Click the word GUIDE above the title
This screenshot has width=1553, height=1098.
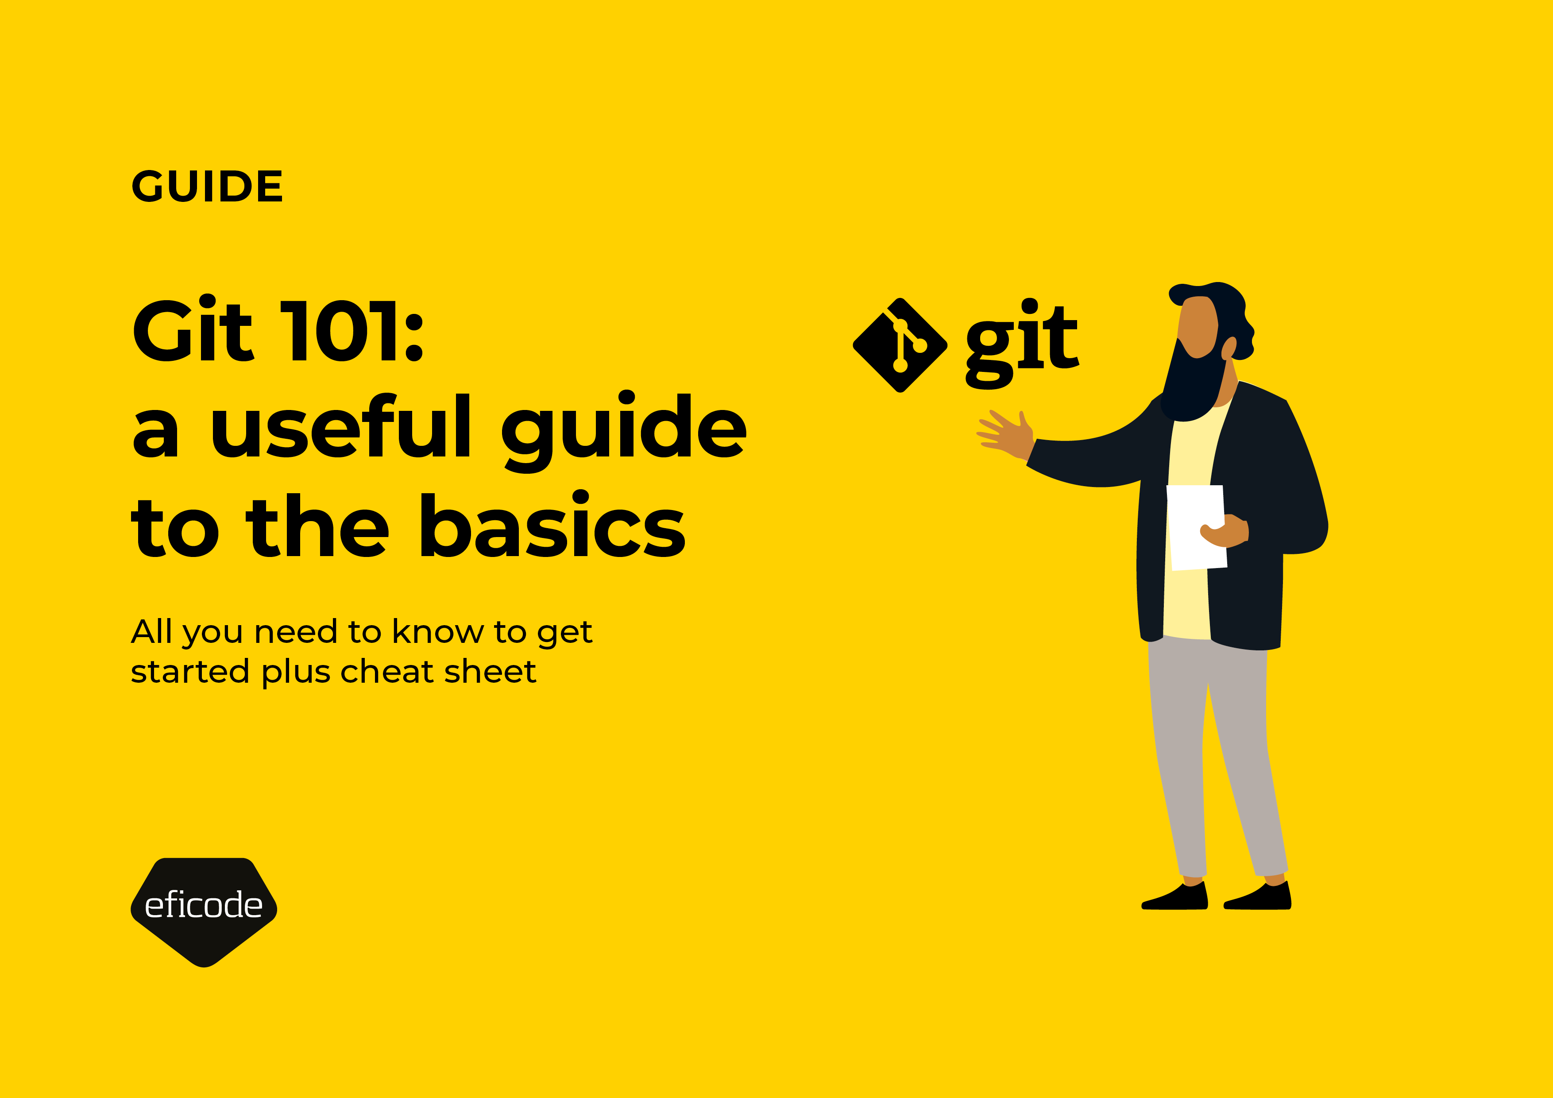pos(207,187)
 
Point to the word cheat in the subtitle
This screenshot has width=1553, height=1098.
pos(387,672)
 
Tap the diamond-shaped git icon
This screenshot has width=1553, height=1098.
pos(900,345)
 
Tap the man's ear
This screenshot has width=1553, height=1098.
pos(1228,348)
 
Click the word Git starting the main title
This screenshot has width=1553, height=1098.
pos(192,332)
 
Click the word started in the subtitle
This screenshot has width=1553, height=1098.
pos(190,672)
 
